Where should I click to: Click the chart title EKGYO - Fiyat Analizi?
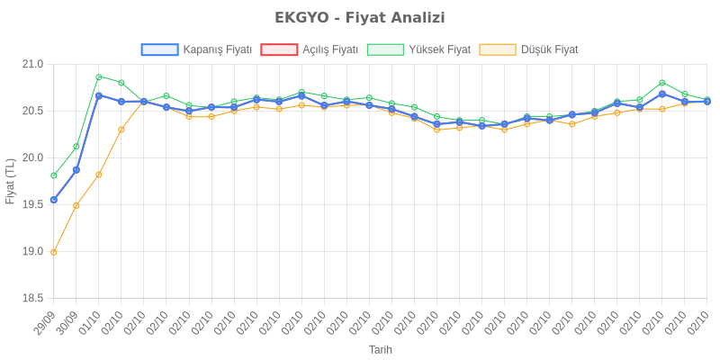(x=360, y=18)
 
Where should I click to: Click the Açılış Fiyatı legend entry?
(x=310, y=49)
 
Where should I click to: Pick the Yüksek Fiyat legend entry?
(x=419, y=49)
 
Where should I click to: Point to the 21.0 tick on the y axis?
(x=32, y=64)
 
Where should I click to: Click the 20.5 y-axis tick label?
(x=32, y=111)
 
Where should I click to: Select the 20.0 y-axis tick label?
(x=32, y=157)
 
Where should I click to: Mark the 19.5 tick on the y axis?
(x=32, y=204)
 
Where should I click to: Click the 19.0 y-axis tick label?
(x=32, y=251)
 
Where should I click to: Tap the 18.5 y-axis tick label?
(x=32, y=298)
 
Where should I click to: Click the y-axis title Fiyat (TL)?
(x=11, y=181)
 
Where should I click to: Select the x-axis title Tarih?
(x=381, y=349)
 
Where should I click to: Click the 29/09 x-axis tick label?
(x=44, y=322)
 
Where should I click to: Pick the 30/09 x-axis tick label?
(x=67, y=322)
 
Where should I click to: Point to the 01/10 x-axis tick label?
(x=89, y=322)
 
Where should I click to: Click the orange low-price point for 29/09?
(x=54, y=252)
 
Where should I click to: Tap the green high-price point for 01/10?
(x=99, y=76)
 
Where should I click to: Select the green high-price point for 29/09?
(x=54, y=175)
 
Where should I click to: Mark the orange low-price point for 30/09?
(x=76, y=205)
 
